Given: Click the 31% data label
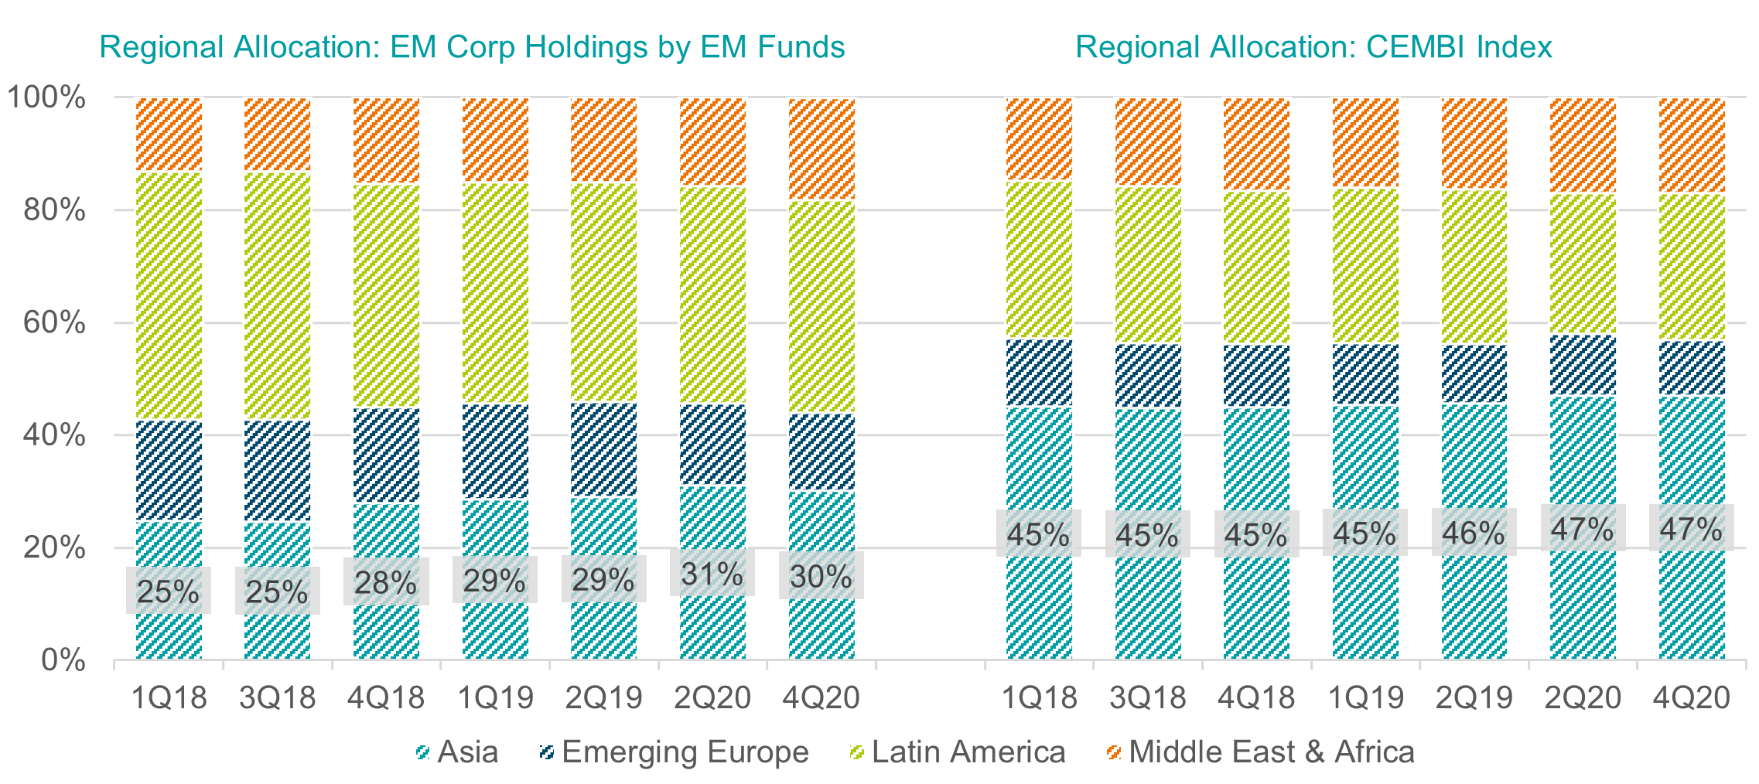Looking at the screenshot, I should (x=712, y=574).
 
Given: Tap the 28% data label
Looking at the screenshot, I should (x=385, y=582).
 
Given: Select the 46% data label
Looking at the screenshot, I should (x=1474, y=533).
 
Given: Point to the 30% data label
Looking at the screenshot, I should (x=821, y=576).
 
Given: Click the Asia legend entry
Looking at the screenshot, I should (x=457, y=752).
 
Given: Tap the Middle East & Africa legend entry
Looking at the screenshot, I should (x=1261, y=752).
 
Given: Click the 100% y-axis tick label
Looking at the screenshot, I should (x=46, y=98).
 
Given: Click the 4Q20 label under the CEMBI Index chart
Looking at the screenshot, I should (x=1691, y=697).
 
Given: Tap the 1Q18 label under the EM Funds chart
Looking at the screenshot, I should (x=169, y=697).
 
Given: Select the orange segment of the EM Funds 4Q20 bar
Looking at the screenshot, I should (x=821, y=149).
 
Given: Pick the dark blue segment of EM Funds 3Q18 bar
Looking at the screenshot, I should (x=277, y=470).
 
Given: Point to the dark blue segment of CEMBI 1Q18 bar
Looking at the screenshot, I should (x=1039, y=373).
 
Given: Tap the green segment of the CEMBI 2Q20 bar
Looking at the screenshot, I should (x=1583, y=264).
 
